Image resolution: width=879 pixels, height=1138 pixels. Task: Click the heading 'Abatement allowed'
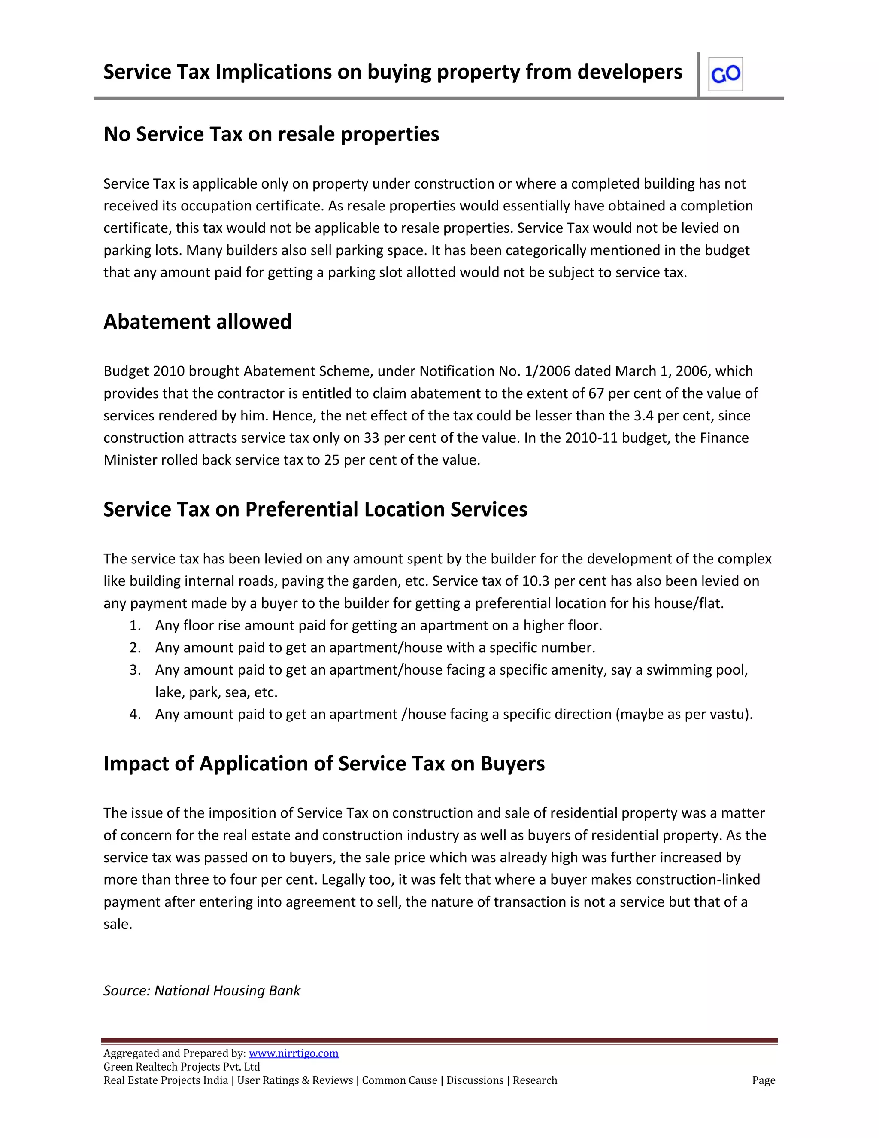[197, 322]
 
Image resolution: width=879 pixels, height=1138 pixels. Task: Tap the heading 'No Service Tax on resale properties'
[271, 134]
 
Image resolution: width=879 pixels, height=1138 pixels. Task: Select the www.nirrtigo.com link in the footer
[294, 1053]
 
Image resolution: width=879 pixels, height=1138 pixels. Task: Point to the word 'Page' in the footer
[764, 1080]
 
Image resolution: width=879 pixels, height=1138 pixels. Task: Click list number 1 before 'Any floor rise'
[135, 625]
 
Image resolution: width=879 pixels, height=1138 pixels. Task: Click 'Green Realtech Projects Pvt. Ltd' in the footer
[182, 1067]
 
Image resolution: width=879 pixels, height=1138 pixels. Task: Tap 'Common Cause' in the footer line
[400, 1080]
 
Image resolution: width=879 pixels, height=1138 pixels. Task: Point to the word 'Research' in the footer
[535, 1080]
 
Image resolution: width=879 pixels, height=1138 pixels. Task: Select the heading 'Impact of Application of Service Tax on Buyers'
[324, 764]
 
